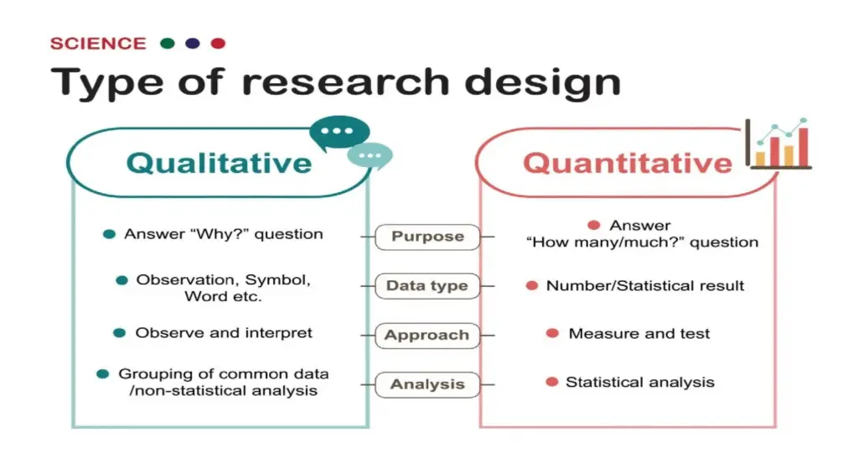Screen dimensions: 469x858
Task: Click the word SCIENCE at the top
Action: coord(98,44)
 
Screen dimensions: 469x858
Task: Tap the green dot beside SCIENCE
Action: coord(168,44)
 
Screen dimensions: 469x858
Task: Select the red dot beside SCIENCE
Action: coord(218,44)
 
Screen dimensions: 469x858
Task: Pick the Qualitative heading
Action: coord(219,162)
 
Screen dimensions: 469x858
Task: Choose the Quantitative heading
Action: coord(628,162)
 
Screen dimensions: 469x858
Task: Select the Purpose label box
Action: coord(427,237)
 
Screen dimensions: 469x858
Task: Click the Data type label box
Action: coord(427,286)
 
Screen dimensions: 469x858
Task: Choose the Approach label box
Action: coord(427,336)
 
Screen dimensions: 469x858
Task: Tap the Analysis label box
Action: coord(427,385)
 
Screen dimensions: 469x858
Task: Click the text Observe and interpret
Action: coord(224,333)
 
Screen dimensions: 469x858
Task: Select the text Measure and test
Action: coord(638,334)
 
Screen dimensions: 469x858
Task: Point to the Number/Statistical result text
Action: coord(645,286)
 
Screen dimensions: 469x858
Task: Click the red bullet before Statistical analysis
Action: coord(551,383)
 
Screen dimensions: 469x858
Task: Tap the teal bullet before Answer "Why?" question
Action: coord(109,234)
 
